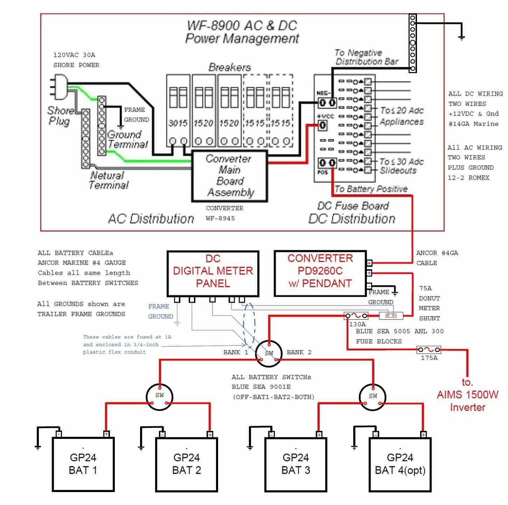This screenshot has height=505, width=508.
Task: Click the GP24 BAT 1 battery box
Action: [83, 464]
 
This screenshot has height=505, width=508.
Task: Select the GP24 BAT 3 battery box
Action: [296, 464]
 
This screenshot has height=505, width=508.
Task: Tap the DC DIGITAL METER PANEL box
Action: [213, 273]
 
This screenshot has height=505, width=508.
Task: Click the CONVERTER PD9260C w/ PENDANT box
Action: [320, 273]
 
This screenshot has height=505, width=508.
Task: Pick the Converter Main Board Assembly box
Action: [229, 176]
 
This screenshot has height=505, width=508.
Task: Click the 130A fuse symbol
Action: [356, 316]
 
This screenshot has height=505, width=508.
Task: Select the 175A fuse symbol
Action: [429, 350]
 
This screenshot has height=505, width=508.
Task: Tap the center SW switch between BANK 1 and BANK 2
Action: [269, 353]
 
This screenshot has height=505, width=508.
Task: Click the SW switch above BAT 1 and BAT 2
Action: [159, 396]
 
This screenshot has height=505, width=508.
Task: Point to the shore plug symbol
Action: [59, 85]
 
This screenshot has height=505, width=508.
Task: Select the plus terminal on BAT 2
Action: [210, 434]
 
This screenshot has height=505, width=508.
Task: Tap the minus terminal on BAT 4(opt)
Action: [375, 434]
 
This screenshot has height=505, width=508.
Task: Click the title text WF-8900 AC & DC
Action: [242, 26]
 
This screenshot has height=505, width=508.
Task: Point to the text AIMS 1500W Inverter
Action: [467, 401]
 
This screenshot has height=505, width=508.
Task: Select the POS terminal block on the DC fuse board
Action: [327, 163]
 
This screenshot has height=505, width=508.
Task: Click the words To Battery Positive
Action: [371, 189]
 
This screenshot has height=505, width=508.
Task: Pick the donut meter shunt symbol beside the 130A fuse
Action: [391, 316]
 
